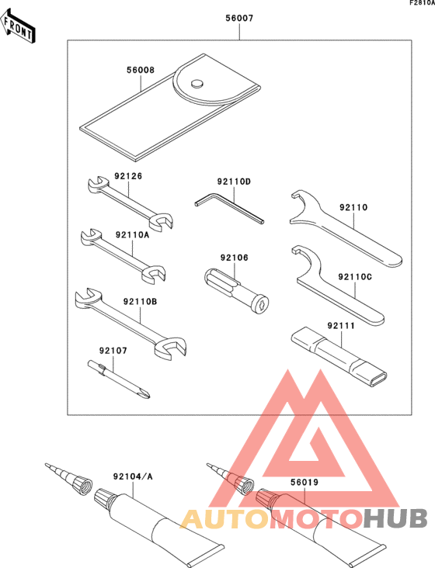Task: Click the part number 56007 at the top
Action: point(239,17)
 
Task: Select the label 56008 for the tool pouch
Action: point(141,69)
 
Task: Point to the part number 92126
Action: point(128,175)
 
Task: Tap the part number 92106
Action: point(233,258)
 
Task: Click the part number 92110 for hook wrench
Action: point(353,207)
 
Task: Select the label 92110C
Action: point(356,275)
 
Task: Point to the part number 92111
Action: point(340,327)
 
